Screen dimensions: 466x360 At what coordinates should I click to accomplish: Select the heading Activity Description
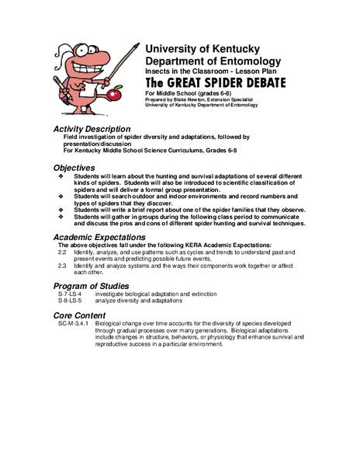coord(92,128)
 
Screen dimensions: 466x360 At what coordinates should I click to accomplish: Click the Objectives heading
coord(74,167)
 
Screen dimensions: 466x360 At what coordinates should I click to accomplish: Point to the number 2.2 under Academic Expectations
coord(63,253)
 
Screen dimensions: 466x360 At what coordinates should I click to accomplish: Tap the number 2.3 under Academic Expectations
coord(63,267)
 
